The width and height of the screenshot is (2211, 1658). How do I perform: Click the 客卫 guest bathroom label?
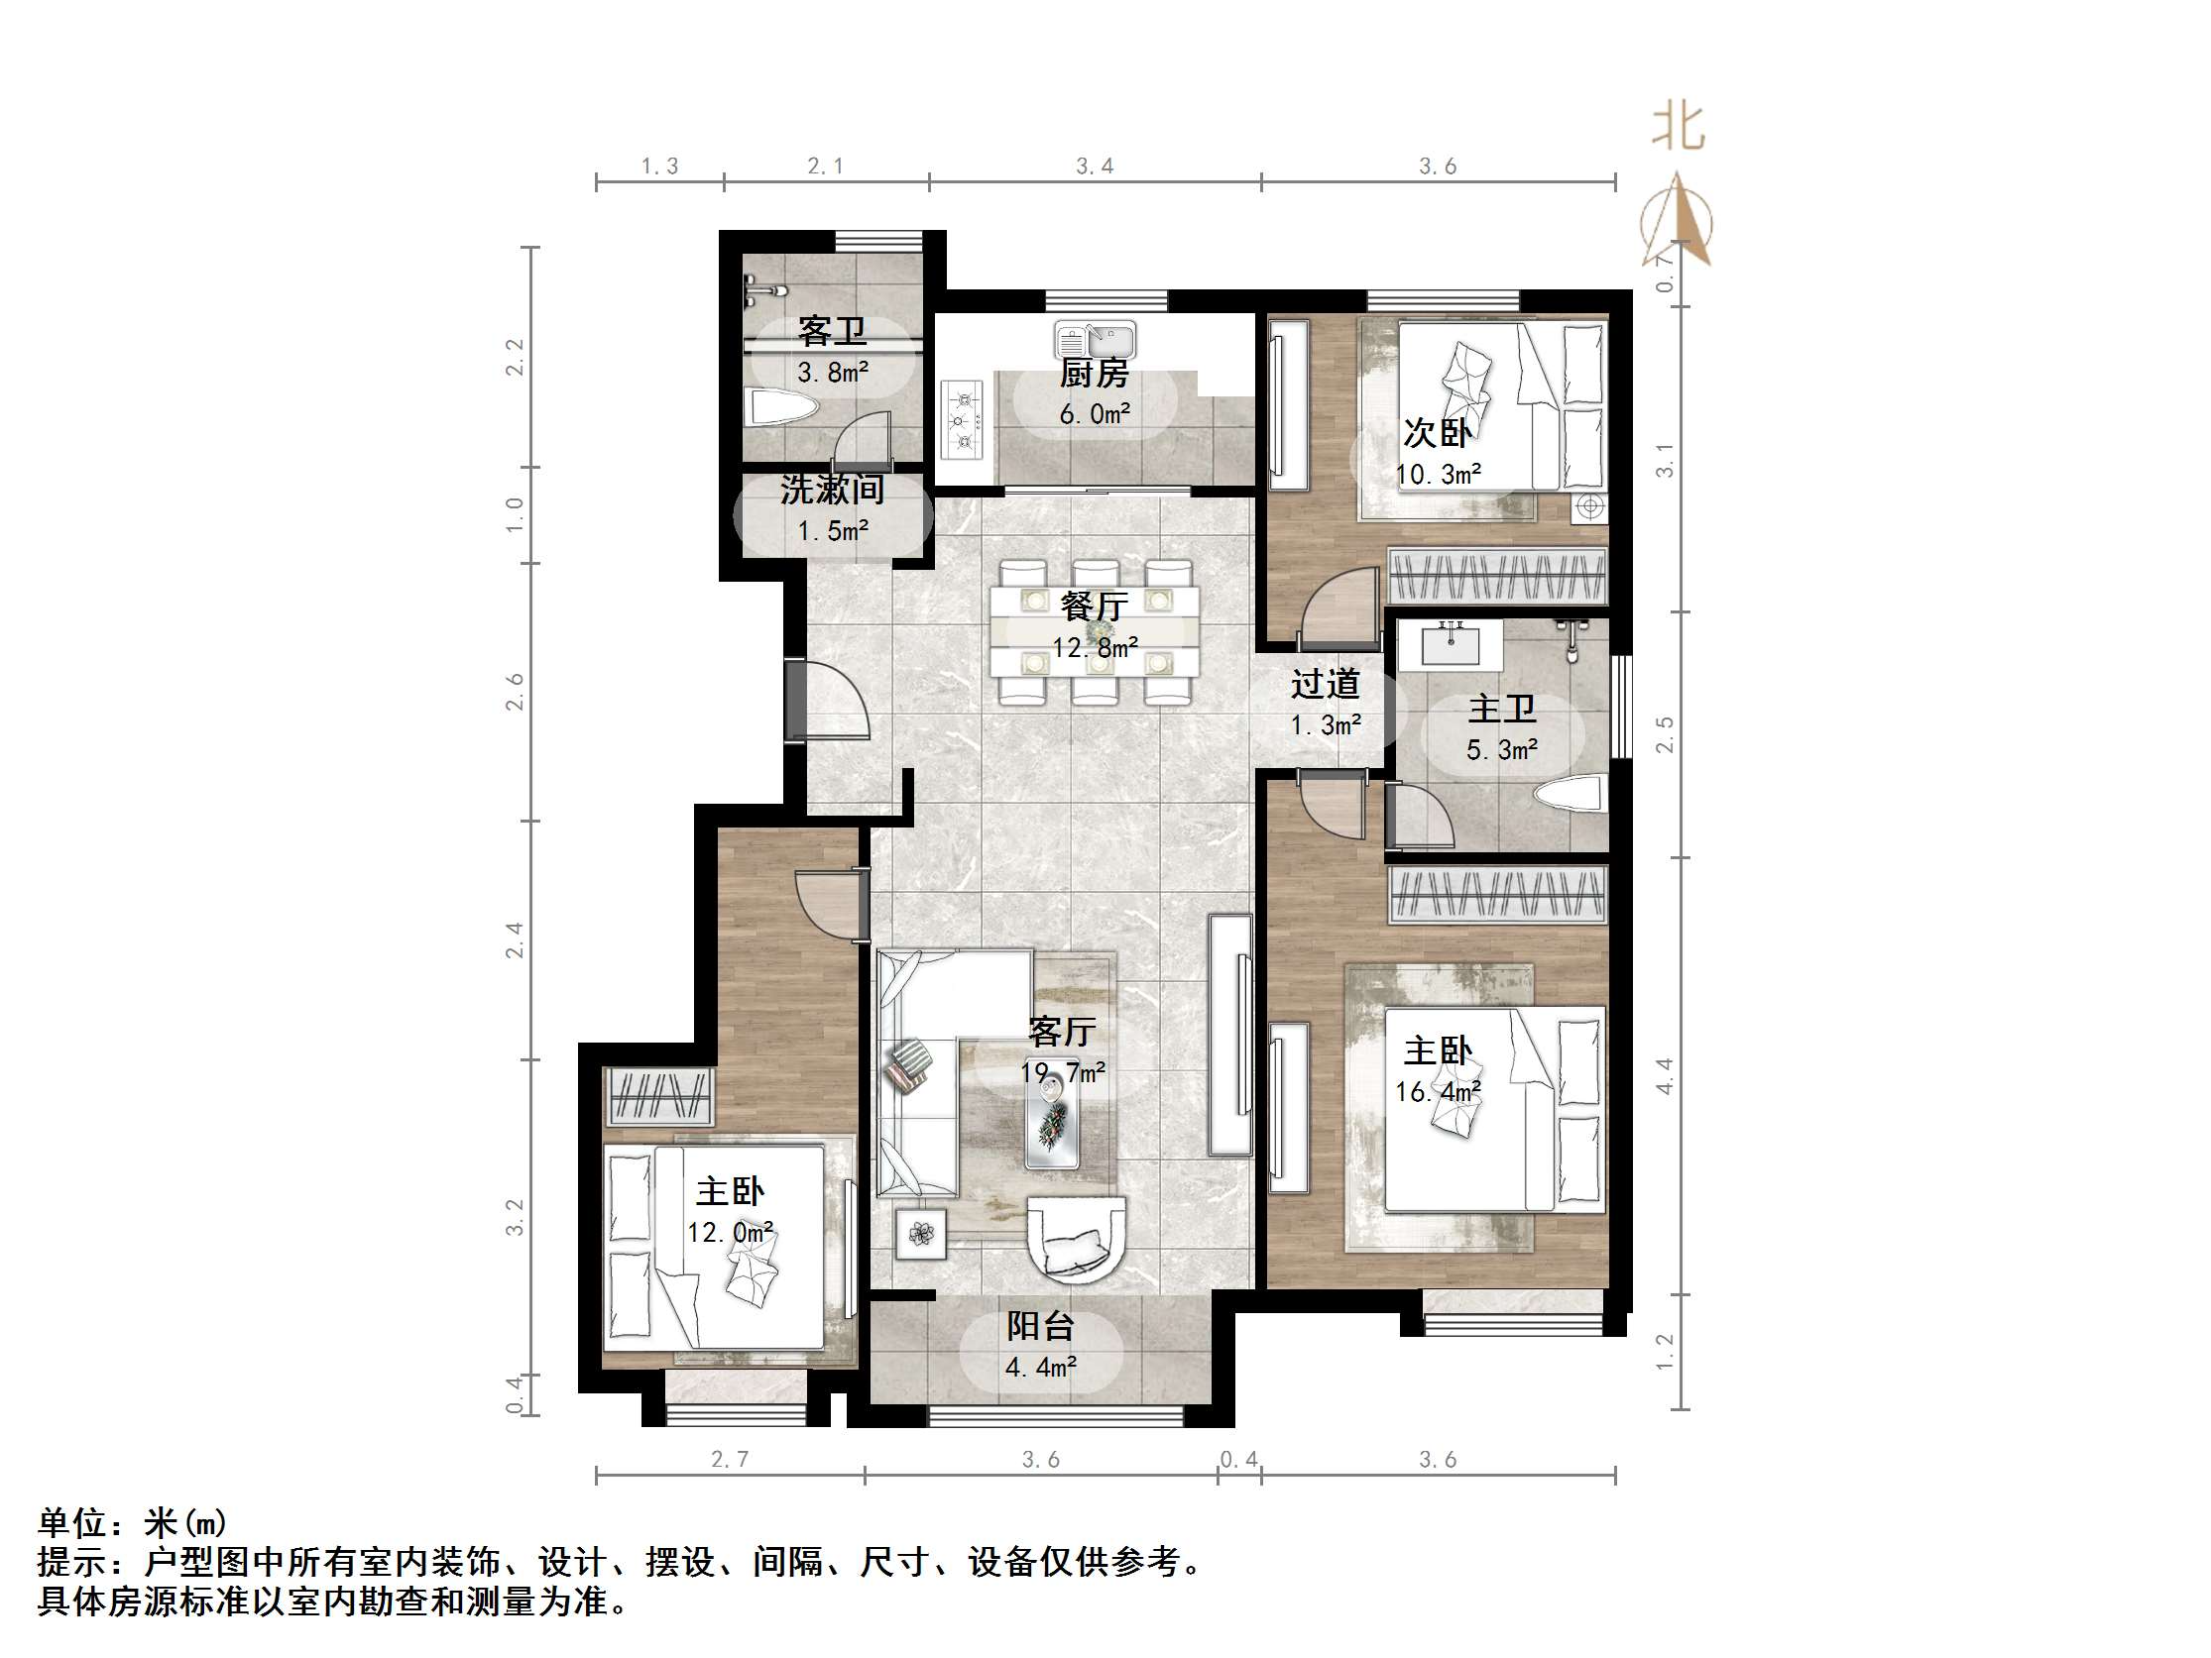831,331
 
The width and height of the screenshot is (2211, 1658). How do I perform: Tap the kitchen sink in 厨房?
1096,340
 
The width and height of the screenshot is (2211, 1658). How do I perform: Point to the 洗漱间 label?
832,490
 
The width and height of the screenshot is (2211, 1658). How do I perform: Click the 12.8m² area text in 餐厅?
1095,647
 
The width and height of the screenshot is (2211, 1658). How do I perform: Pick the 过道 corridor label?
1325,684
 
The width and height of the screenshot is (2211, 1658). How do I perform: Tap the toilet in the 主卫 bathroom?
1570,797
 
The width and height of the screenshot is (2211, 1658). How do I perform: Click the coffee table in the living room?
1052,1123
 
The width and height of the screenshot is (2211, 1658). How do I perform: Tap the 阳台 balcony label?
1039,1326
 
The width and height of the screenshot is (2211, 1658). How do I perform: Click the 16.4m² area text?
1438,1091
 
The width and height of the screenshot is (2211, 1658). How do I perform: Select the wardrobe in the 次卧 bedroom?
1496,577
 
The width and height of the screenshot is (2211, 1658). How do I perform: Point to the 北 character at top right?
1679,128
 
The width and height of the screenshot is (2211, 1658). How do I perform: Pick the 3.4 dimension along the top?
1095,166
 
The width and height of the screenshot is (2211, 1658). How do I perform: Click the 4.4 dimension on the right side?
1665,1076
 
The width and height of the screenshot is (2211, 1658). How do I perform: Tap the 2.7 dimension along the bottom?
730,1459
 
